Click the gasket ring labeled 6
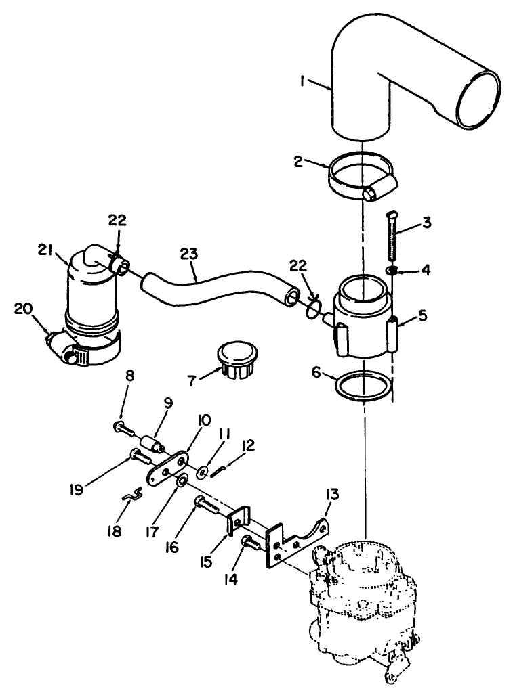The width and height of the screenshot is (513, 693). [x=364, y=386]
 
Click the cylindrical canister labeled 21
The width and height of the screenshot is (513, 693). [x=91, y=291]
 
